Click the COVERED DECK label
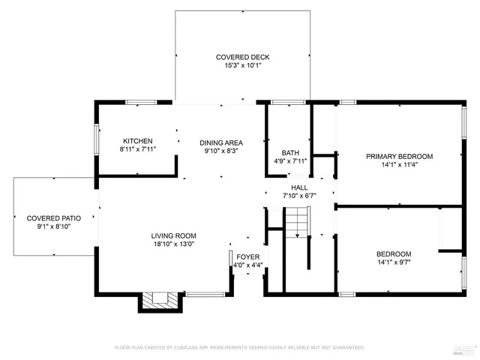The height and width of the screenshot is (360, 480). (242, 57)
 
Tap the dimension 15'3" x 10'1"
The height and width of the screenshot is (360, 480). (242, 66)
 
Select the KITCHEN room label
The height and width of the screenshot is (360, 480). (138, 141)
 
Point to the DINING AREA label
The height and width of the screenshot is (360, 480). (220, 142)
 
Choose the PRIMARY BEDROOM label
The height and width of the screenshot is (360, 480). (399, 156)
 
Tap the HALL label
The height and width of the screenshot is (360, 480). (299, 187)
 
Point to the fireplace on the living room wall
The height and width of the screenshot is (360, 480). (160, 300)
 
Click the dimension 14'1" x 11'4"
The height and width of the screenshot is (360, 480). (399, 165)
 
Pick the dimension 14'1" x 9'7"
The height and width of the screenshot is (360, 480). (394, 262)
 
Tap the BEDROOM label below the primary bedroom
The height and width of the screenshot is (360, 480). (394, 253)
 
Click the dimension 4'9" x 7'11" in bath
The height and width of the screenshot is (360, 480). (290, 161)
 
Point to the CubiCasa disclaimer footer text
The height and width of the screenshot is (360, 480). (239, 347)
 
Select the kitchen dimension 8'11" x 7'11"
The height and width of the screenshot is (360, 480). (138, 150)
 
